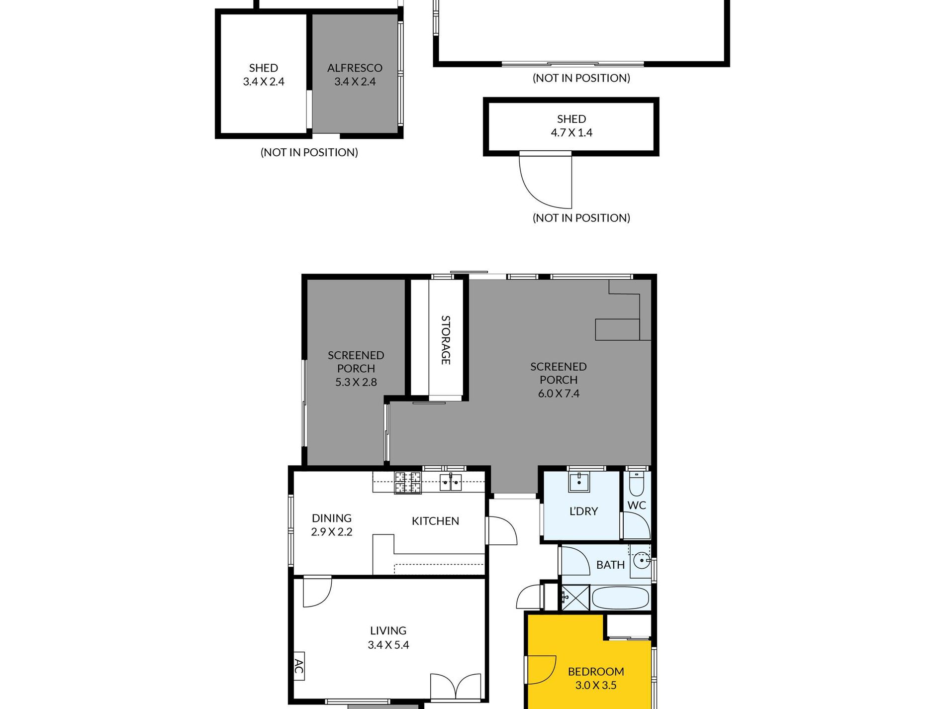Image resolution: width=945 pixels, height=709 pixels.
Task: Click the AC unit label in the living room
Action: [x=298, y=666]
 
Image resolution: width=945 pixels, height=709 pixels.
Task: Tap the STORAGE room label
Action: [x=446, y=340]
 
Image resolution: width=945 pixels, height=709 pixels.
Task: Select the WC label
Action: [x=637, y=506]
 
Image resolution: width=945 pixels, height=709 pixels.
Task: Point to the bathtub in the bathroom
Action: [x=621, y=598]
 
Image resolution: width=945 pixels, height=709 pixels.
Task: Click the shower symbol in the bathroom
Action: [x=575, y=598]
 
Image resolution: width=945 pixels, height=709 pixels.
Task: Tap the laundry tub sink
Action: [x=579, y=481]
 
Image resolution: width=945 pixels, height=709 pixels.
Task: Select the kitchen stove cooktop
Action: [x=408, y=483]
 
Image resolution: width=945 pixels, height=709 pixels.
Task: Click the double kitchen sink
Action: [x=451, y=482]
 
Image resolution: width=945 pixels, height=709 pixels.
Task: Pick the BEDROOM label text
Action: [x=596, y=671]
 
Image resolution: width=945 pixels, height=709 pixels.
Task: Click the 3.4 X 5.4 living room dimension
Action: [x=388, y=645]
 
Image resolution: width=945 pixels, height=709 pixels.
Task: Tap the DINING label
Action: [x=332, y=518]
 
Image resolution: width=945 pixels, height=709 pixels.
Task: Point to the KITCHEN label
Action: [x=435, y=521]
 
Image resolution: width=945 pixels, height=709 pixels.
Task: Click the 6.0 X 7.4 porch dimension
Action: [x=559, y=394]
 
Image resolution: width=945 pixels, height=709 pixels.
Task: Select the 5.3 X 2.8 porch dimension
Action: [x=356, y=382]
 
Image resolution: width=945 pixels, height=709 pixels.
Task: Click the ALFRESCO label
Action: [x=355, y=68]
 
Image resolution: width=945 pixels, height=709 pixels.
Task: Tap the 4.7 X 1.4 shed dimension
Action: [x=571, y=132]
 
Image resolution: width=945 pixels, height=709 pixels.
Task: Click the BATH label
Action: [x=610, y=565]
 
